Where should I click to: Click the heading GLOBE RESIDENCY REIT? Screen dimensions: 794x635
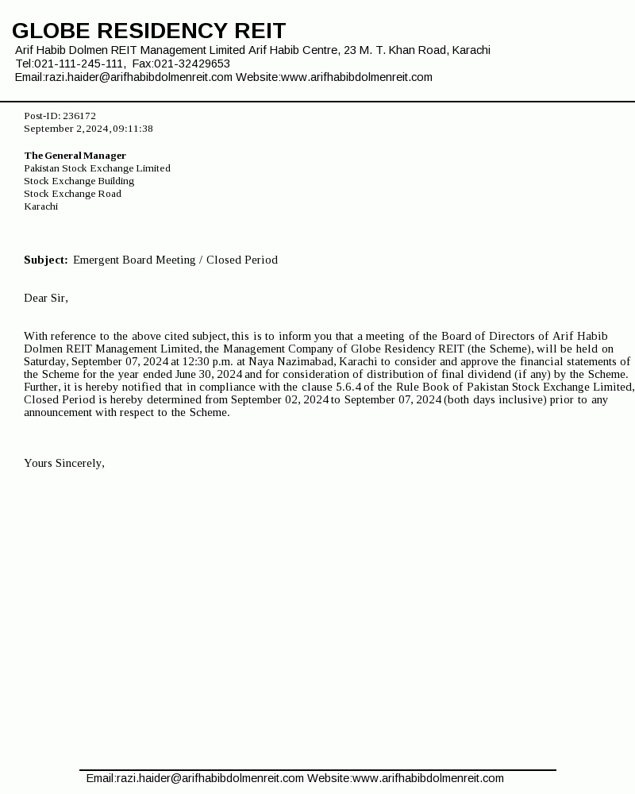148,31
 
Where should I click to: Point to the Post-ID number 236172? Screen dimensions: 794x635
79,116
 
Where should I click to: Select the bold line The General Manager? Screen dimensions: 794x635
75,156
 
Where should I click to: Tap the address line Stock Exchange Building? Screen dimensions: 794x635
79,181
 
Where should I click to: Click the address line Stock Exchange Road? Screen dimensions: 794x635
72,194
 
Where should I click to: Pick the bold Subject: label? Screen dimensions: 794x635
45,260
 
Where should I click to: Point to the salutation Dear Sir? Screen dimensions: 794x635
45,299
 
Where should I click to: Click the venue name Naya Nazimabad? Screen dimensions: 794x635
291,361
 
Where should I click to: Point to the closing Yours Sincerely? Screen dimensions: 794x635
63,463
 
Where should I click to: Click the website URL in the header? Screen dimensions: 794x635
356,77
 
